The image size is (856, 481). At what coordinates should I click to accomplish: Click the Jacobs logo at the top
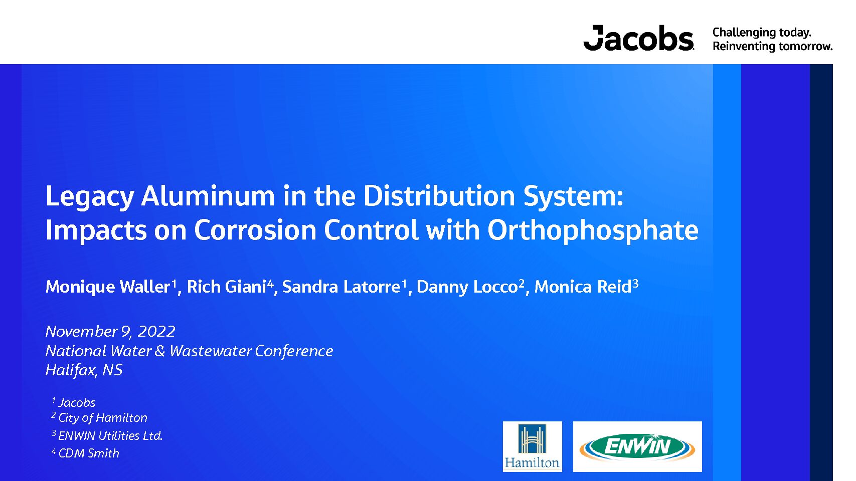coord(638,38)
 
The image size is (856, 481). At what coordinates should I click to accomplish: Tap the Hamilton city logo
coord(533,446)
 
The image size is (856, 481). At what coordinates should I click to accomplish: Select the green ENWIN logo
coord(637,446)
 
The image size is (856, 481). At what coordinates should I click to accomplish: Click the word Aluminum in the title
coord(208,196)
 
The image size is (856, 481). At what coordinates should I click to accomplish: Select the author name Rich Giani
coord(227,287)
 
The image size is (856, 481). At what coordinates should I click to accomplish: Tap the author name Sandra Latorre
coord(341,287)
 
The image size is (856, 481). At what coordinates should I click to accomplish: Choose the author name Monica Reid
coord(583,287)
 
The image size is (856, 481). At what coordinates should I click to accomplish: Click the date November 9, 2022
coord(110,332)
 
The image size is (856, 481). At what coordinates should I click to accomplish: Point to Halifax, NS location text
coord(84,370)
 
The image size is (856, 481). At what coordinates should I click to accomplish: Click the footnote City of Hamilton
coord(103,418)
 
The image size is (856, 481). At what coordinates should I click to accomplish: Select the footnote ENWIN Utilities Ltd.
coord(110,435)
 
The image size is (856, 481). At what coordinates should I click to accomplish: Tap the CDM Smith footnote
coord(89,453)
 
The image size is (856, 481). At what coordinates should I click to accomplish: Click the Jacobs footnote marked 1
coord(77,403)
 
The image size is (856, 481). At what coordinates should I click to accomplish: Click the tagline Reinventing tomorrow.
coord(772,47)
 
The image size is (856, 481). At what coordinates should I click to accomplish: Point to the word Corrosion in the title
coord(255,230)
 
